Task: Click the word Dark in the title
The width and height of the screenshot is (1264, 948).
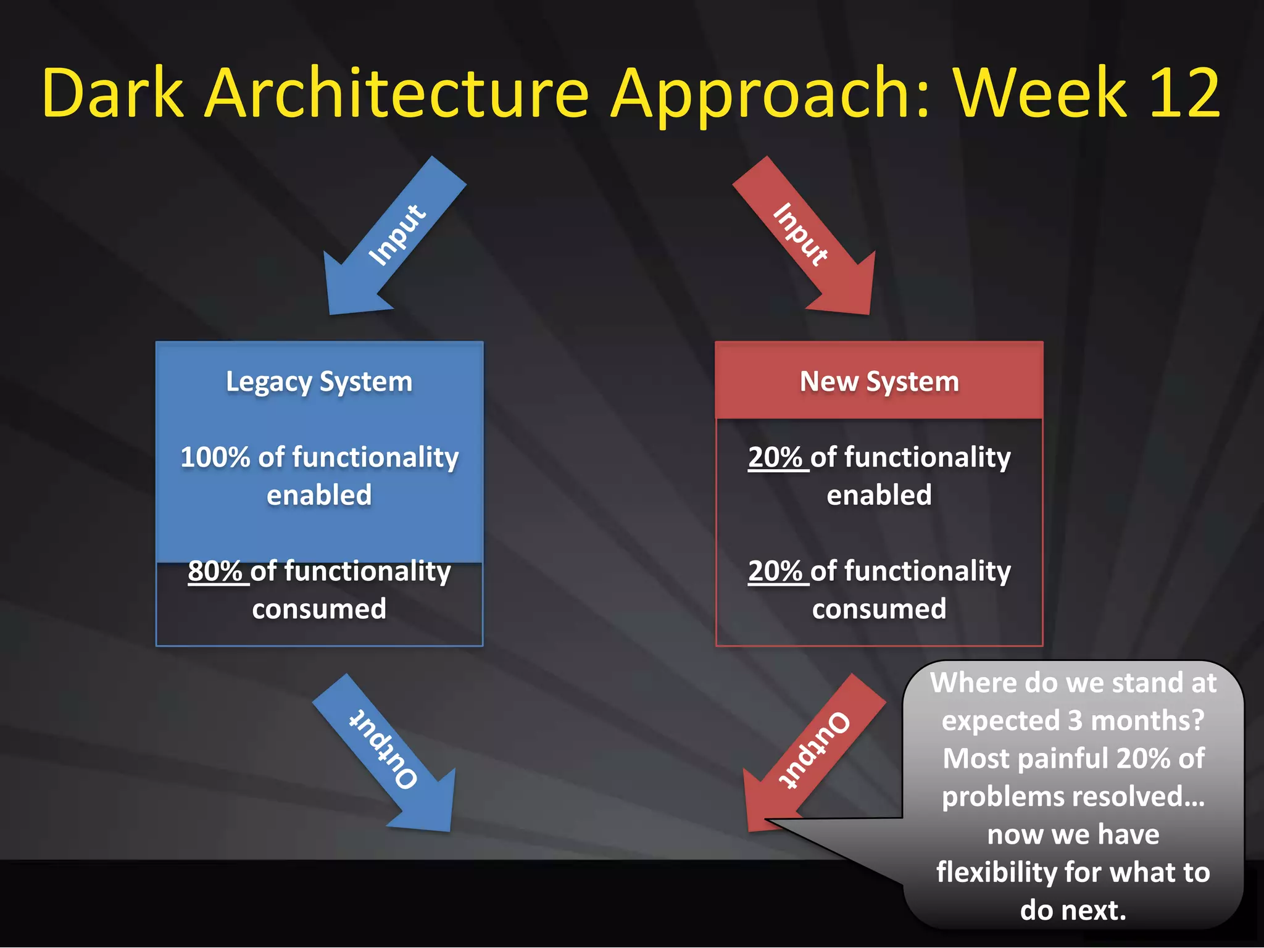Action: pyautogui.click(x=113, y=94)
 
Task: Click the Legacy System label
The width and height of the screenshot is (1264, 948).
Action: pyautogui.click(x=319, y=382)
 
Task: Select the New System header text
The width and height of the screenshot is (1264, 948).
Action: pyautogui.click(x=879, y=381)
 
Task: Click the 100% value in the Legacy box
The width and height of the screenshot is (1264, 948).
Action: pyautogui.click(x=214, y=457)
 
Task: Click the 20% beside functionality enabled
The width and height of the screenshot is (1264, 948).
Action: pyautogui.click(x=775, y=457)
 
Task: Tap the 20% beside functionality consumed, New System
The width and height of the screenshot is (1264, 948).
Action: pyautogui.click(x=775, y=571)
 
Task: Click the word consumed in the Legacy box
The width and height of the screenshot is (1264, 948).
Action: pyautogui.click(x=319, y=609)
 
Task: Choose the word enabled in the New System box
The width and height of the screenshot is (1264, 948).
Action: pyautogui.click(x=879, y=495)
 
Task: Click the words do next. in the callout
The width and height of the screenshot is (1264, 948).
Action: pyautogui.click(x=1073, y=910)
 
